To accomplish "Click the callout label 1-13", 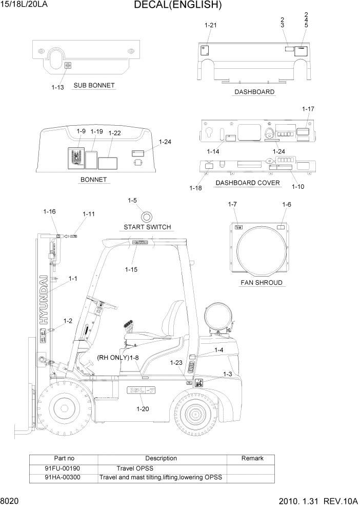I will [57, 87].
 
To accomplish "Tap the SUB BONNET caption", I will [94, 85].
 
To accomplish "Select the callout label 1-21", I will [211, 25].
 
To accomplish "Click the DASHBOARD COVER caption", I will [248, 183].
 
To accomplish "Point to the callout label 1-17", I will [308, 109].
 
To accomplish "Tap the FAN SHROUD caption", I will [261, 283].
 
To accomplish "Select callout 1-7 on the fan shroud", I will [232, 205].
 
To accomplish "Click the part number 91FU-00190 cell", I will [63, 468].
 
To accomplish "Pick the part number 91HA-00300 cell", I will [63, 477].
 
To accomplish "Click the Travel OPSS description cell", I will [135, 468].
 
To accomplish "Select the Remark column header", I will [252, 458].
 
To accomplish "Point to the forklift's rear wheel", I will [197, 414].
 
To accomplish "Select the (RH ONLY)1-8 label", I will [118, 357].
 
